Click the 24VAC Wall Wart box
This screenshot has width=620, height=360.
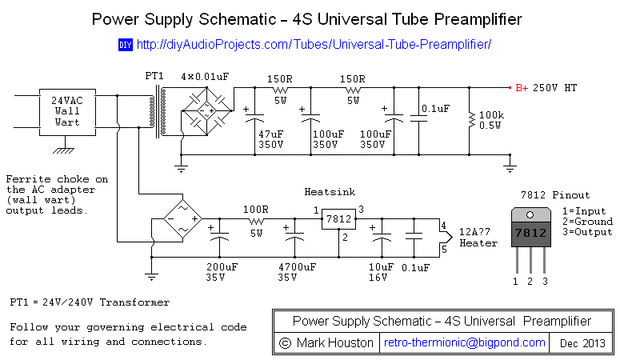point(67,111)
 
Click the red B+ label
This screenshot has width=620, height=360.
point(521,88)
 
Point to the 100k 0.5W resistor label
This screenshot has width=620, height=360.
point(490,121)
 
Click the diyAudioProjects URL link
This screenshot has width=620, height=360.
point(314,45)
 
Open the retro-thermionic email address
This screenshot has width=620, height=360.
point(465,342)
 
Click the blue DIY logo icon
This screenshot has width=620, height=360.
point(125,45)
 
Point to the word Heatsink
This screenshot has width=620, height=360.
point(330,192)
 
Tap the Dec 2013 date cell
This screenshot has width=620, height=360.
point(582,342)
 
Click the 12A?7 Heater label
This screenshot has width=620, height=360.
point(478,238)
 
